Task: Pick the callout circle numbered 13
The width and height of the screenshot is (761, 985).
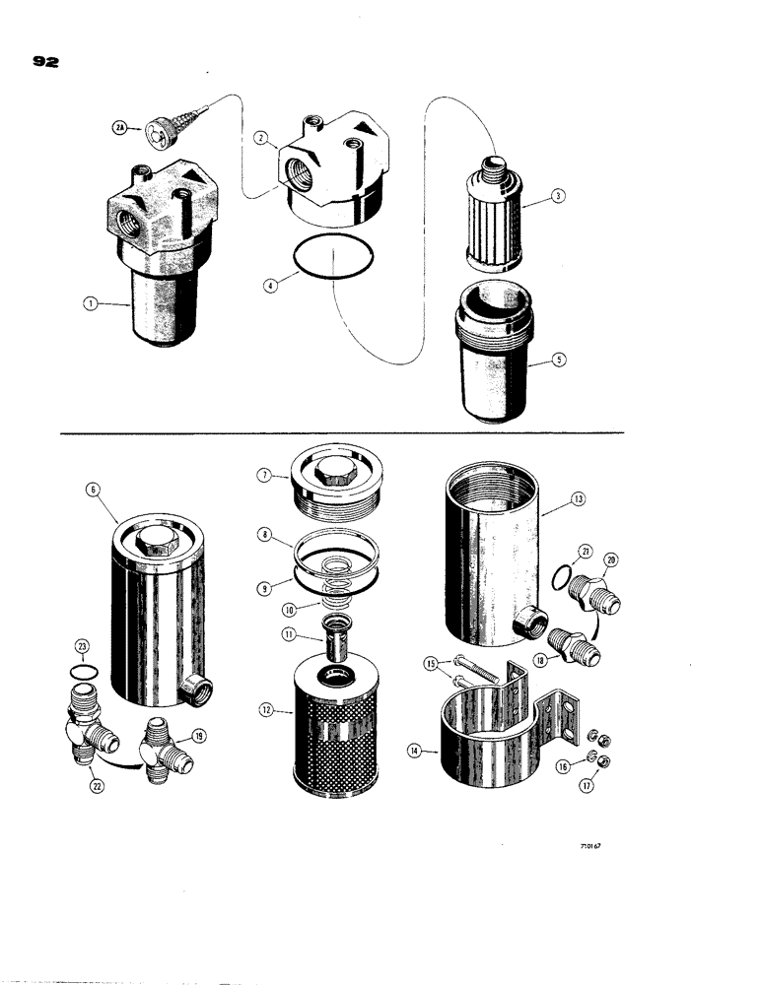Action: (577, 499)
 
